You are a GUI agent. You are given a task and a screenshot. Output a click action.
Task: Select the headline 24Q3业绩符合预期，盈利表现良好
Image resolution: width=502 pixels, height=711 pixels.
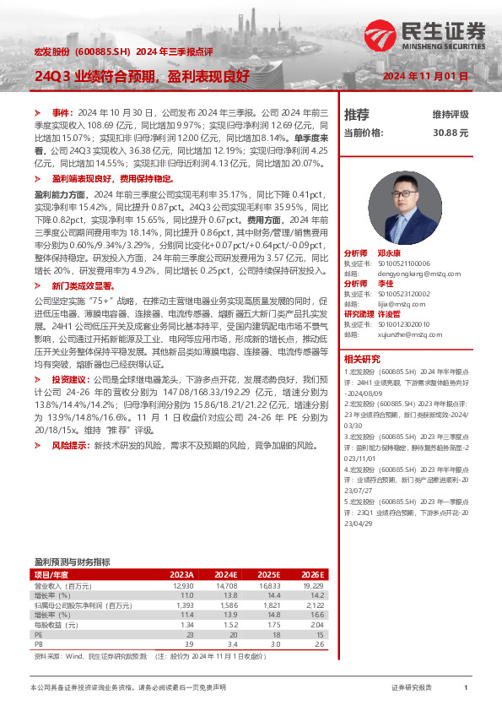pyautogui.click(x=142, y=75)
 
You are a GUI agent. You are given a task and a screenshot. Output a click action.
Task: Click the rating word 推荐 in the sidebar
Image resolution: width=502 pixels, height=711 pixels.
pyautogui.click(x=357, y=114)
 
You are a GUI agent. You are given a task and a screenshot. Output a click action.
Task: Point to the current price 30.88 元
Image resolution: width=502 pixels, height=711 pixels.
pyautogui.click(x=451, y=133)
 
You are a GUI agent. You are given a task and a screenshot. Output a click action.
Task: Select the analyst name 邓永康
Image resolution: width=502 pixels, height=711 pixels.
pyautogui.click(x=389, y=252)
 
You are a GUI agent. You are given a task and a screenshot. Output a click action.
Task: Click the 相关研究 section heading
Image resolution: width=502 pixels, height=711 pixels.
pyautogui.click(x=362, y=358)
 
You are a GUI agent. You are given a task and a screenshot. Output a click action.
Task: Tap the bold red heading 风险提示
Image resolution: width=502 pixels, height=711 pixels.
pyautogui.click(x=70, y=444)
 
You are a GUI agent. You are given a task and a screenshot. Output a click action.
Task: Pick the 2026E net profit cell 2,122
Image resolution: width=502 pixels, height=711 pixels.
pyautogui.click(x=313, y=605)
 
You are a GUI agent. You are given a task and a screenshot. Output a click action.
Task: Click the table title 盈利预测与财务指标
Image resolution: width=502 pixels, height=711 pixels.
pyautogui.click(x=72, y=561)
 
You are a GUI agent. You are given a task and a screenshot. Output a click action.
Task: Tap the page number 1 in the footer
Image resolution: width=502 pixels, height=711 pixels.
pyautogui.click(x=466, y=688)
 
